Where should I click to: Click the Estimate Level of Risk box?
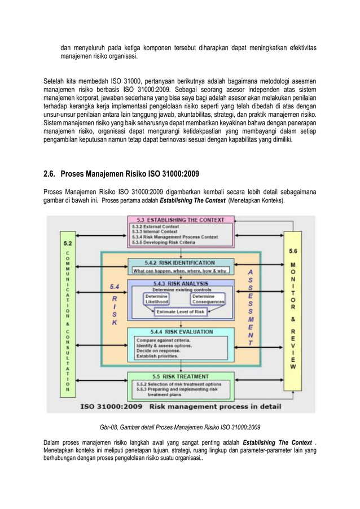point(181,312)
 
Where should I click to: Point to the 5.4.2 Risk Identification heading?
point(179,262)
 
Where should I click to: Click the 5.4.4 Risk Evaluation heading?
point(179,332)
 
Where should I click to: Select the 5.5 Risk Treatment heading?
point(179,375)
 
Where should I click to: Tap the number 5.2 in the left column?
point(67,244)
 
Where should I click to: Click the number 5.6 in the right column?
point(294,251)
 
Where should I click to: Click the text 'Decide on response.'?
point(158,351)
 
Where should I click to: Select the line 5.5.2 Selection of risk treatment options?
point(180,384)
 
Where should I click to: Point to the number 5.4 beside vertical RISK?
point(114,287)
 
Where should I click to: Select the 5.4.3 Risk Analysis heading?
point(179,283)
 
